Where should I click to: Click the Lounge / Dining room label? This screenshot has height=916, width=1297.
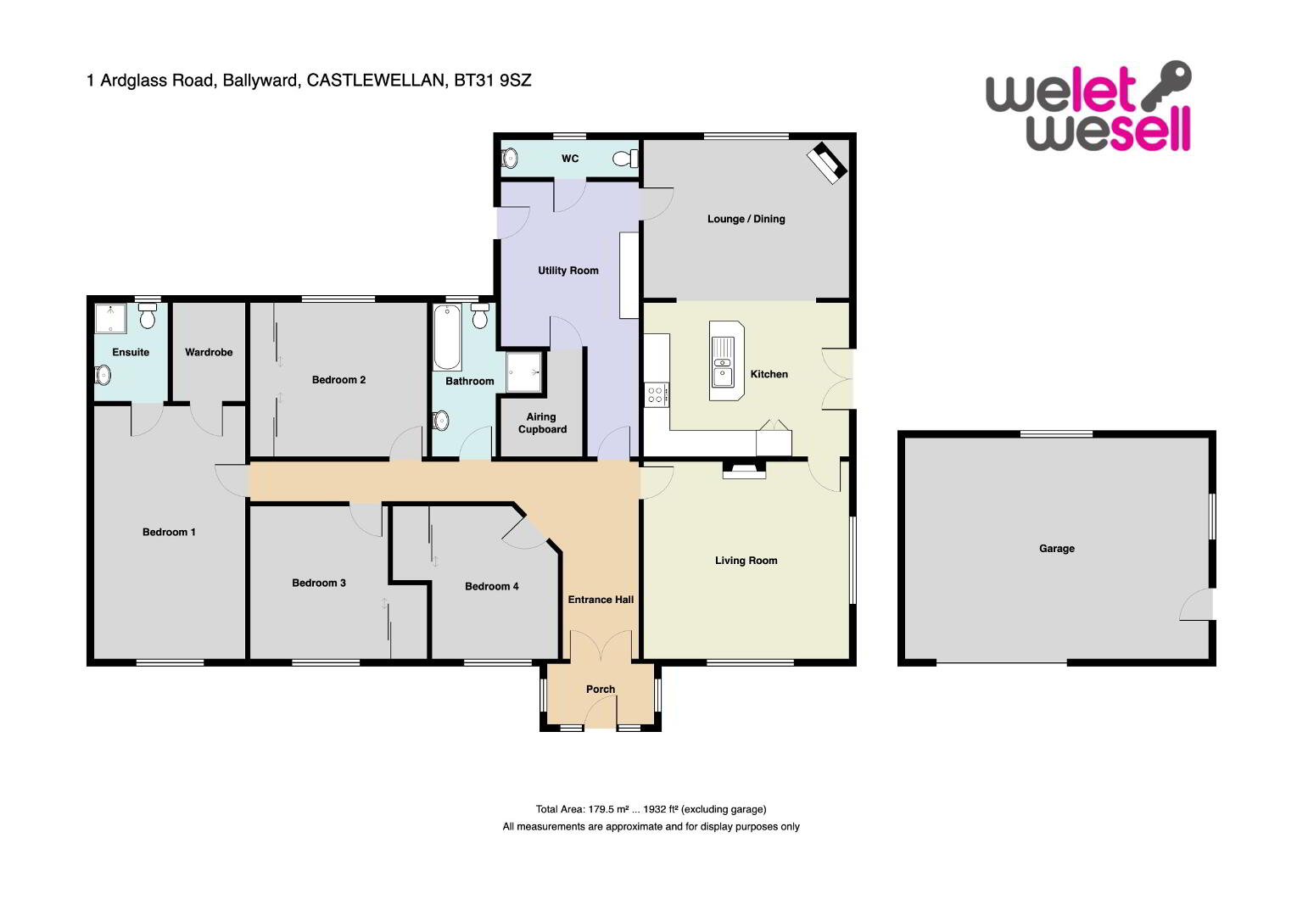[x=746, y=219]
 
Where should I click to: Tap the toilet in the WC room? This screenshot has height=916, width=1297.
[x=625, y=158]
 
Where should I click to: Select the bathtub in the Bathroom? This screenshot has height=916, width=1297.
[x=447, y=338]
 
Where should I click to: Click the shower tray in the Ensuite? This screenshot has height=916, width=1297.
[x=110, y=318]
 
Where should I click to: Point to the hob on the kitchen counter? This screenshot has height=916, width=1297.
[x=656, y=395]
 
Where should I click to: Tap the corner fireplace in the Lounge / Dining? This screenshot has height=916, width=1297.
[x=827, y=163]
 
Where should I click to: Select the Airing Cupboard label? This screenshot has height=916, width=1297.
[x=542, y=422]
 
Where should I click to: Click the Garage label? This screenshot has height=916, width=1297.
[x=1057, y=548]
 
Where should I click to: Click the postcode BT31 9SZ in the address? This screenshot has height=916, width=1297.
[x=493, y=80]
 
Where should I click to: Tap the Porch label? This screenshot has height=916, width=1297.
[x=601, y=689]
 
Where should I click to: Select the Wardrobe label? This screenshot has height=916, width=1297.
[x=209, y=352]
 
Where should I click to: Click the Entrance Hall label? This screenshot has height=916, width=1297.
[x=601, y=600]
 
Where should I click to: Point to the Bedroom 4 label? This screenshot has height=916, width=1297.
[x=492, y=586]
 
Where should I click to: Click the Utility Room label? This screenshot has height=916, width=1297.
[x=568, y=271]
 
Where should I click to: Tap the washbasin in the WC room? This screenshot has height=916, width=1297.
[x=510, y=158]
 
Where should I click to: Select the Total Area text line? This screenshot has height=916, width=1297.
[x=651, y=809]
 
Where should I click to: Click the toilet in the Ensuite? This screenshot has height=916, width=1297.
[x=148, y=316]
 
